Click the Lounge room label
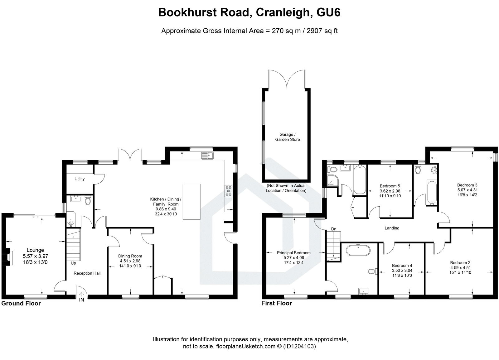coord(35,250)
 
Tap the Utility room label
coord(80,179)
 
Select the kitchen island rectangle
coord(191,202)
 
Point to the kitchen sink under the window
coord(207,155)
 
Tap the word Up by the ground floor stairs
coord(73,263)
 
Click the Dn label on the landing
coord(334,229)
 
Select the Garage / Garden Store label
coord(287,137)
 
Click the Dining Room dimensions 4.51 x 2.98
coord(130,261)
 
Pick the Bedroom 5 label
coord(390,186)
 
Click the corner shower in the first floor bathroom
coord(331,180)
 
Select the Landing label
coord(392,228)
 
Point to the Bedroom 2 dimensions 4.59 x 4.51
coord(460,267)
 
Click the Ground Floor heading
coord(21,303)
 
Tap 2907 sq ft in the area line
coord(323,31)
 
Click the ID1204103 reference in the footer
coord(299,346)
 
